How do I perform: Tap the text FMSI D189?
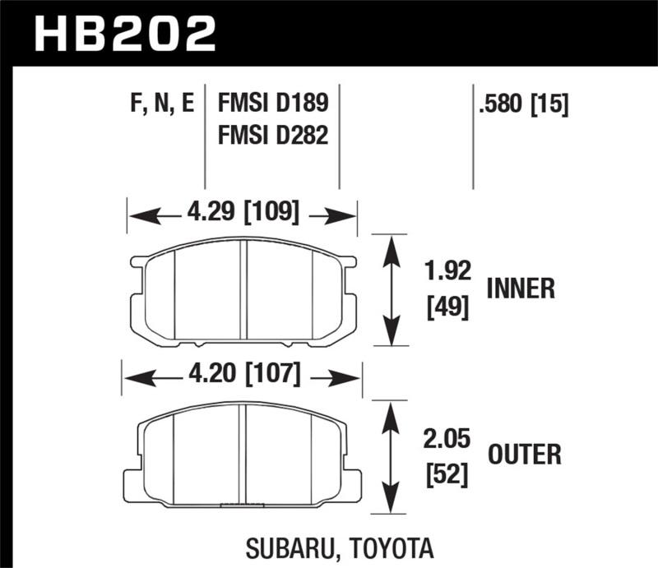pyautogui.click(x=273, y=104)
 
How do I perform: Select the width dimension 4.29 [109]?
pyautogui.click(x=242, y=214)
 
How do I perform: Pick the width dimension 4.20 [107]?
pyautogui.click(x=242, y=376)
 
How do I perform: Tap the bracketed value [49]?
pyautogui.click(x=447, y=308)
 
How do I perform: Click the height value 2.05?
pyautogui.click(x=447, y=440)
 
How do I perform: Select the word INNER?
pyautogui.click(x=521, y=289)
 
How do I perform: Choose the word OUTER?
pyautogui.click(x=524, y=454)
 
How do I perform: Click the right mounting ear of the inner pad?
pyautogui.click(x=349, y=263)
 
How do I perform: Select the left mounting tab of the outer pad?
pyautogui.click(x=132, y=481)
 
